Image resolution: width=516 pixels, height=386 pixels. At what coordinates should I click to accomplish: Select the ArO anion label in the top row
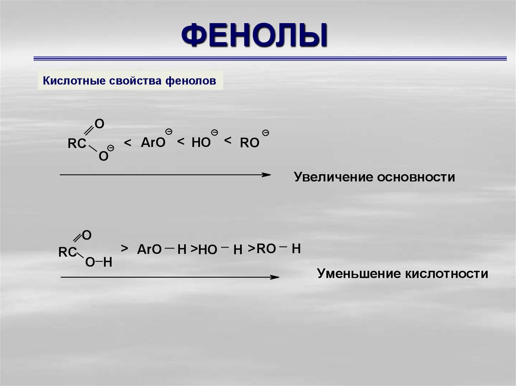pos(153,143)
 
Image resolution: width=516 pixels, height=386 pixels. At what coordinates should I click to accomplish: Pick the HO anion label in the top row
pos(201,143)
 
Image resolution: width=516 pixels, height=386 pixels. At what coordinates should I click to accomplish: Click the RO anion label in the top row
pos(249,143)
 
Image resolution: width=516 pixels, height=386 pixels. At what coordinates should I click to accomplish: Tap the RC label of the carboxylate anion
pos(77,144)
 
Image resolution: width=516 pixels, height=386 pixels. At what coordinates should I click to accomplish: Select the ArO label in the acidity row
pos(149,250)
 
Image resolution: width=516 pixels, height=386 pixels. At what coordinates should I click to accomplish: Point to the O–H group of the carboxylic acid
pos(98,262)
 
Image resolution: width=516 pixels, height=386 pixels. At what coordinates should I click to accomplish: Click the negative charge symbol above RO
pos(266,133)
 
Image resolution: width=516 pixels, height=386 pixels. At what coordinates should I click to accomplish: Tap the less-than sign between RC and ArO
pos(127,144)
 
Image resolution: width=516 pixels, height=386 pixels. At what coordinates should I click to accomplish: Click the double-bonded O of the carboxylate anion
pos(99,123)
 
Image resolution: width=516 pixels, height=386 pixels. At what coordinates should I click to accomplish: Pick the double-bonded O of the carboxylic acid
pos(86,235)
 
